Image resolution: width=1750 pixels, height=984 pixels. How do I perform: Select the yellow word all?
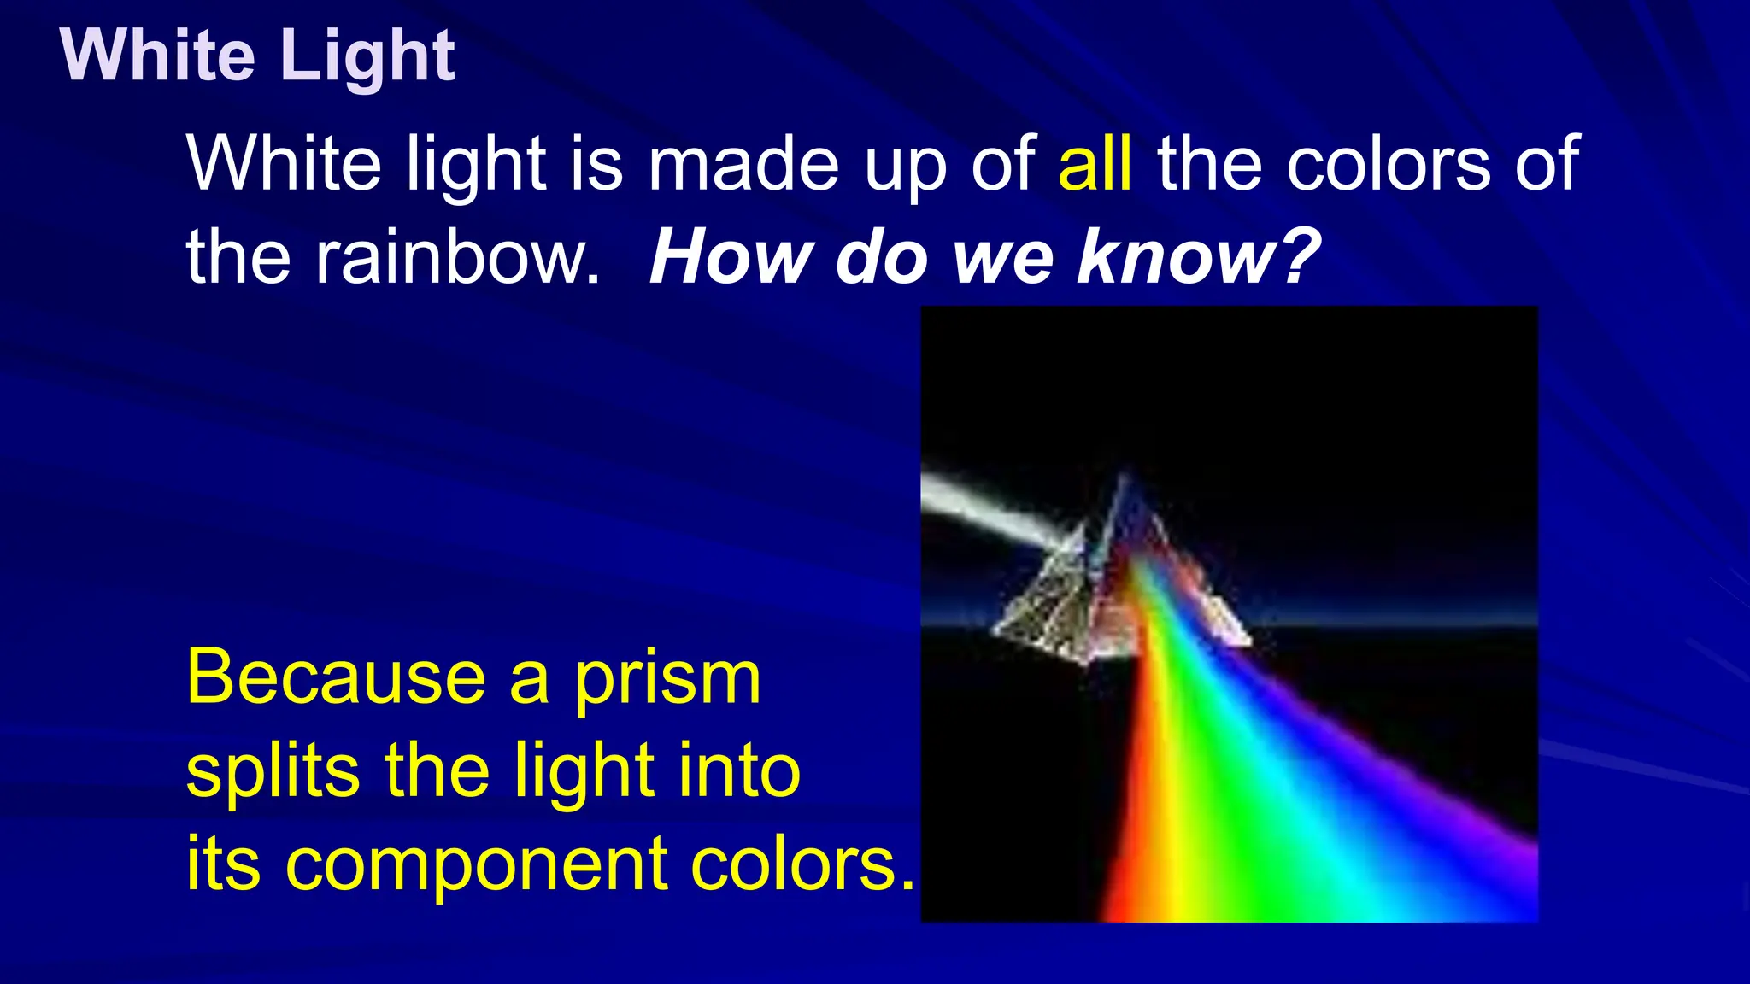click(x=1095, y=164)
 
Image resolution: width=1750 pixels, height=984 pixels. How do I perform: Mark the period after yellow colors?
click(x=907, y=884)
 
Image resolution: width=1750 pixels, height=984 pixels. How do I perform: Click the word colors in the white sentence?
click(x=1388, y=164)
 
